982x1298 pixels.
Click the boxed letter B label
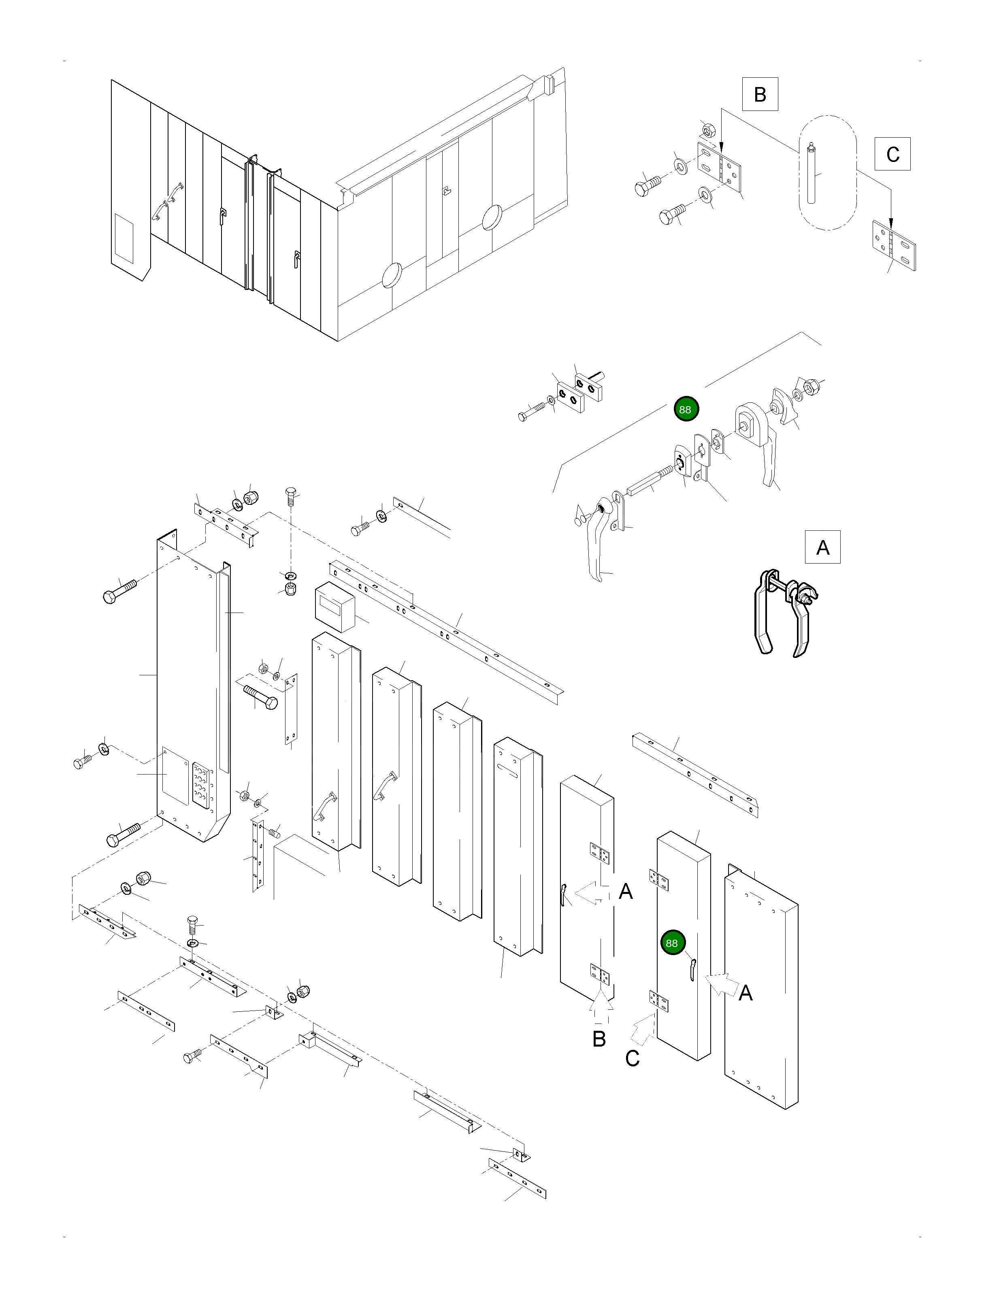point(760,94)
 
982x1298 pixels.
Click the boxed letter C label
point(892,154)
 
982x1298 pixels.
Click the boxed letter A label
point(822,547)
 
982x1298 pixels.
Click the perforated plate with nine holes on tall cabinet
point(201,786)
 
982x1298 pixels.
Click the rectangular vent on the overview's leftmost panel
point(124,238)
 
